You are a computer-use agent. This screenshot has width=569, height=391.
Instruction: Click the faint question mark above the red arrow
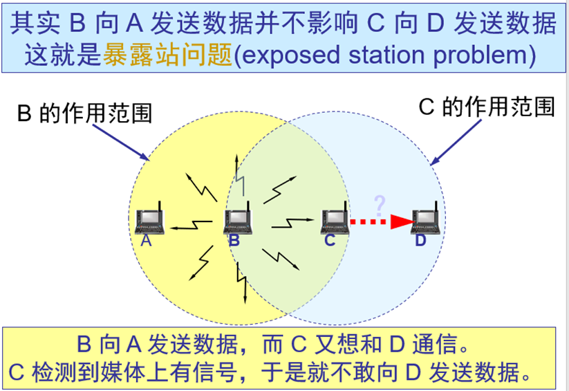(379, 205)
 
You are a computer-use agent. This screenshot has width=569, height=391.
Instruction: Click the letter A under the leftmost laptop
(146, 241)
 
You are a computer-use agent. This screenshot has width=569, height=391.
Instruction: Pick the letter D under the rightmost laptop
(421, 241)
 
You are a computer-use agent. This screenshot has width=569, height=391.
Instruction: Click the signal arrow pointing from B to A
(191, 226)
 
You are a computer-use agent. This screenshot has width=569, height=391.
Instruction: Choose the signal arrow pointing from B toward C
(293, 223)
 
